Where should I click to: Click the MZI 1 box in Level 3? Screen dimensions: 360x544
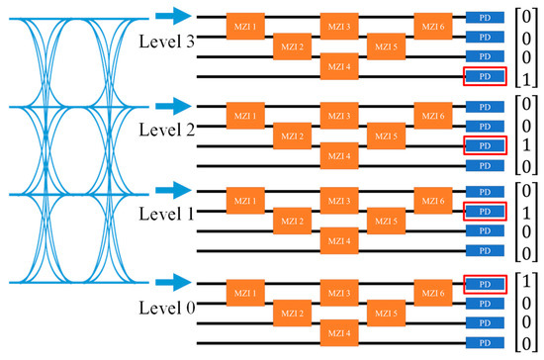tap(243, 24)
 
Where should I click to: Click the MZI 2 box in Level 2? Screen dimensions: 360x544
tap(290, 135)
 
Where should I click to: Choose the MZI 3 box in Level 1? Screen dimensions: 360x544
tap(337, 202)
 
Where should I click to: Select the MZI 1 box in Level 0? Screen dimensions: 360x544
tap(243, 292)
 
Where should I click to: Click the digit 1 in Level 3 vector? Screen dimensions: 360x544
tap(523, 76)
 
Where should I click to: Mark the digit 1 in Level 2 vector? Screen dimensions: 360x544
tap(523, 145)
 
